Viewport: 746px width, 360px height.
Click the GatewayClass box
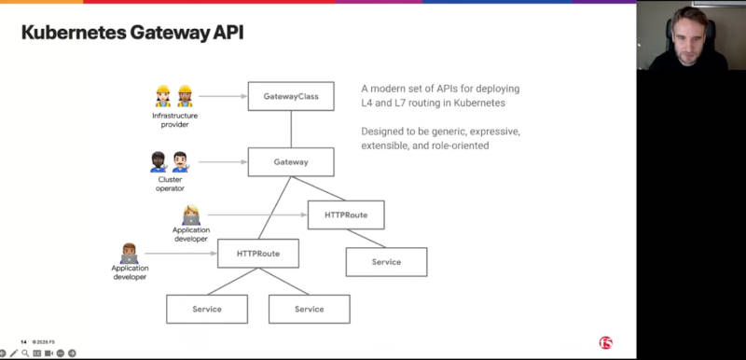[291, 96]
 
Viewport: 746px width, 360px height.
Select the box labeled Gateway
[291, 161]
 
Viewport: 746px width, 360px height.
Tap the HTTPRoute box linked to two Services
[258, 254]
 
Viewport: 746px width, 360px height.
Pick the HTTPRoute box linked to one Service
[346, 215]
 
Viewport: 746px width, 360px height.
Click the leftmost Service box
[207, 309]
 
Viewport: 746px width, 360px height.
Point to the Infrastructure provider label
[174, 119]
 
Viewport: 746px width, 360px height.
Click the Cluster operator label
[170, 184]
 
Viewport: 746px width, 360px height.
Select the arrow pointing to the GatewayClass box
[223, 96]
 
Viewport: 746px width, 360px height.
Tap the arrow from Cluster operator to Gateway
[223, 161]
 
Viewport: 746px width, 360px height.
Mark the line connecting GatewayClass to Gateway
[291, 129]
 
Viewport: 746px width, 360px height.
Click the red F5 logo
[605, 343]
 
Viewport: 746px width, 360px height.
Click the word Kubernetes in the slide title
[74, 33]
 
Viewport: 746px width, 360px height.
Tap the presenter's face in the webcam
[685, 37]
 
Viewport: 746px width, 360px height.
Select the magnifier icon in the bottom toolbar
[25, 353]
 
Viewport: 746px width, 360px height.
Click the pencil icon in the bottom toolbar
[14, 353]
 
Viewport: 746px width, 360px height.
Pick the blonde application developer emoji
[191, 215]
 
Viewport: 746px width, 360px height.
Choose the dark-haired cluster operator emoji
[159, 161]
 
